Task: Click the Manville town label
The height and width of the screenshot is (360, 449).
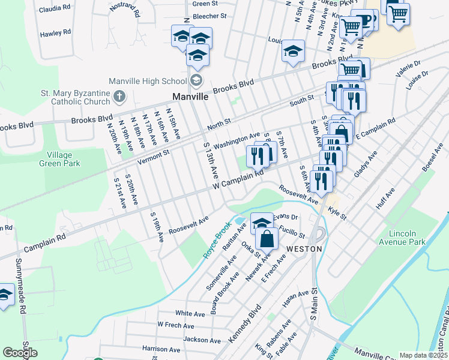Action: [190, 96]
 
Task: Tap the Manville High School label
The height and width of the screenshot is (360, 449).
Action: [148, 81]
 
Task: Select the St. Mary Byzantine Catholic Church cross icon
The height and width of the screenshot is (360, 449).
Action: [119, 95]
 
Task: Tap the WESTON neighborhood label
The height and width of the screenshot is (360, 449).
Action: [304, 248]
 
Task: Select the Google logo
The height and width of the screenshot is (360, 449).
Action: [20, 353]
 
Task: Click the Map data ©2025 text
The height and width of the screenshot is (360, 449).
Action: [424, 355]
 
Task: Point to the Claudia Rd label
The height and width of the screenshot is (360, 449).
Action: [55, 10]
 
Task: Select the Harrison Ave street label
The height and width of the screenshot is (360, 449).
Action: [161, 349]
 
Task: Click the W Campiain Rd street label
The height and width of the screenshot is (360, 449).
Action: [238, 180]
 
